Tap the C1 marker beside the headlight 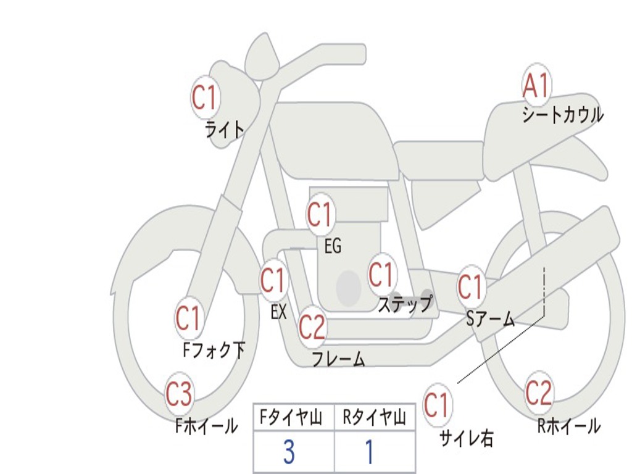(205, 97)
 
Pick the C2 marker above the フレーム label (312, 326)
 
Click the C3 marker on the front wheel (179, 394)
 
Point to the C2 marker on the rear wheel (538, 392)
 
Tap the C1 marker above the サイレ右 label (437, 405)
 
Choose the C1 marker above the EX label (273, 281)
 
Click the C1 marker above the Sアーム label (470, 286)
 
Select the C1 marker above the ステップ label (381, 274)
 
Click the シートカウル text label (562, 115)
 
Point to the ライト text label (225, 130)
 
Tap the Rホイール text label (568, 426)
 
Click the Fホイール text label (207, 426)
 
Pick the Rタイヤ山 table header (374, 419)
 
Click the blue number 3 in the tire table (289, 453)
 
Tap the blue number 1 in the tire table (369, 453)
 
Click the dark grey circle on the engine (349, 288)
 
